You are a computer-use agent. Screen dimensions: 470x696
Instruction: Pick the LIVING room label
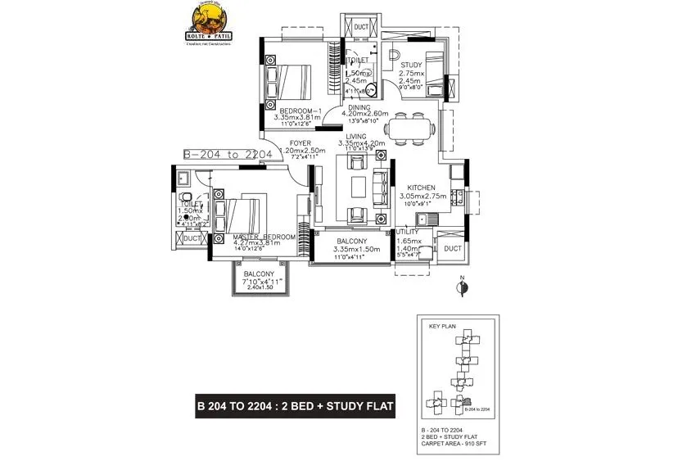355,137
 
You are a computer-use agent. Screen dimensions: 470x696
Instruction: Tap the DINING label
359,106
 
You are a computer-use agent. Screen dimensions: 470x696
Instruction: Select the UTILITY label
409,233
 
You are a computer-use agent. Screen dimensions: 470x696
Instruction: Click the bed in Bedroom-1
292,81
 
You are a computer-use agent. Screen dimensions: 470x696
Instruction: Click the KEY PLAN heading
442,326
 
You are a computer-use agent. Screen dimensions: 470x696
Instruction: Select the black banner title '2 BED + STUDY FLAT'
296,405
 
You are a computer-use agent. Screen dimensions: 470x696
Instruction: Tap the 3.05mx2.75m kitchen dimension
423,197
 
